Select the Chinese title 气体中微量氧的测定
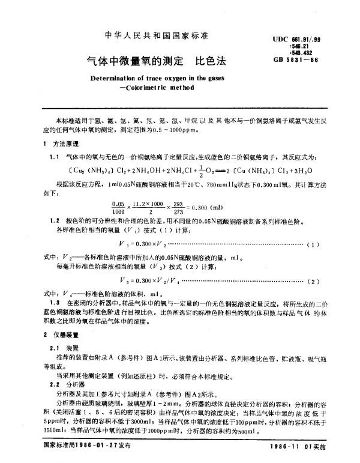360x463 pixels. point(127,61)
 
